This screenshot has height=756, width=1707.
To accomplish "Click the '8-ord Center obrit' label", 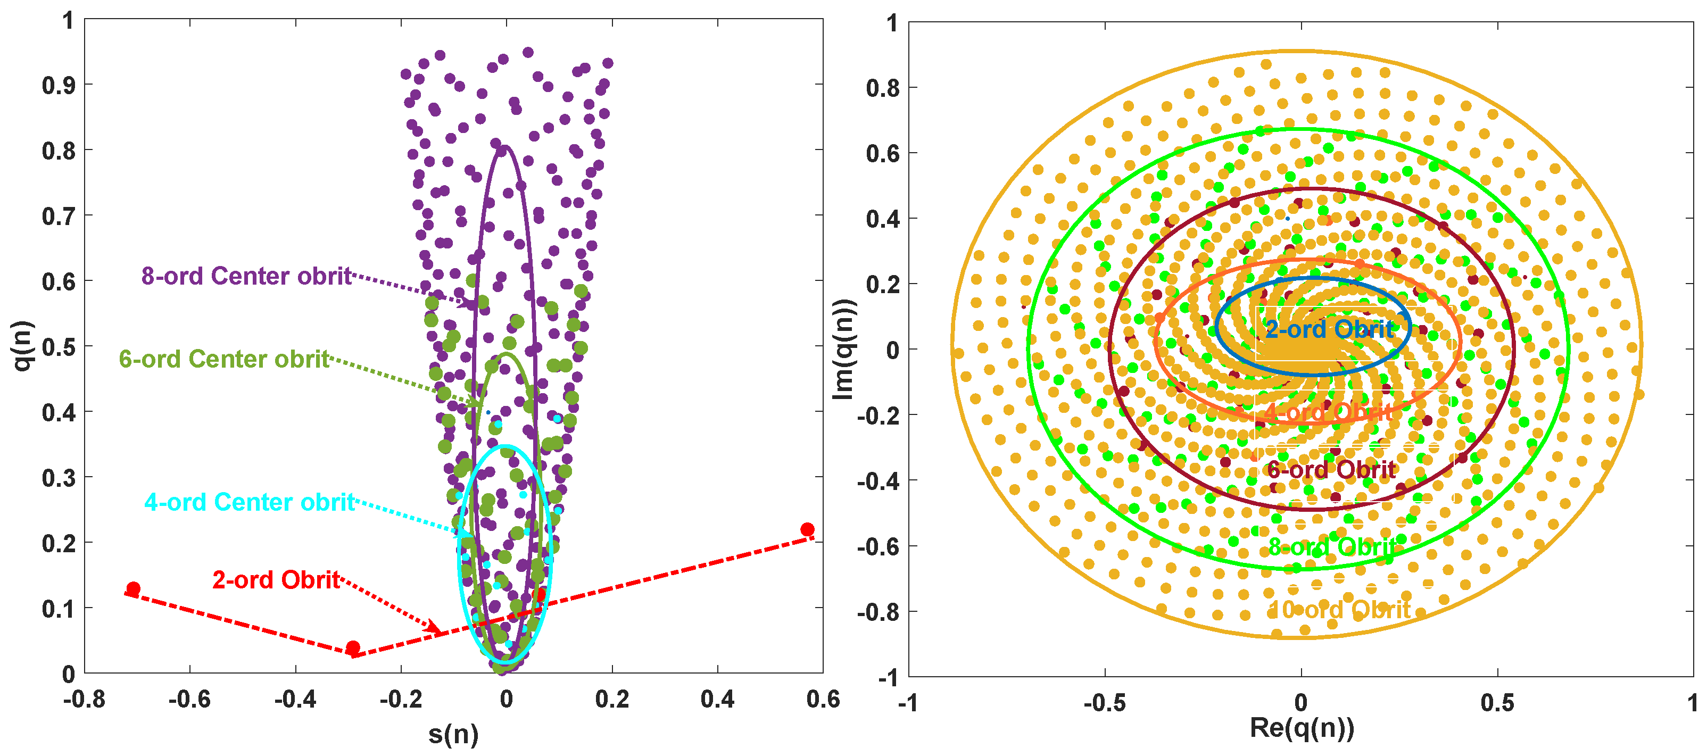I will [x=246, y=276].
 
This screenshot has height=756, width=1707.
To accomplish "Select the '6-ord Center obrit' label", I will [x=223, y=359].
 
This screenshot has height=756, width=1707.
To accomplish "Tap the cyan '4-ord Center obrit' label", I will [x=249, y=502].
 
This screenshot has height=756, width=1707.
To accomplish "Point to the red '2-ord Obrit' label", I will [x=276, y=580].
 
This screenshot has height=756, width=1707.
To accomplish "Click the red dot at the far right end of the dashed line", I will [x=807, y=529].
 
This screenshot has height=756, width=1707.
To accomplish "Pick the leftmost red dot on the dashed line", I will [x=133, y=588].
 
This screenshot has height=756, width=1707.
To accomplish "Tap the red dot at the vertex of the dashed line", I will [x=353, y=647].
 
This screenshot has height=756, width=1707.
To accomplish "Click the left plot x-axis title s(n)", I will [x=453, y=734].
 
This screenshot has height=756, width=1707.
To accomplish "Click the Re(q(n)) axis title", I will [x=1302, y=727].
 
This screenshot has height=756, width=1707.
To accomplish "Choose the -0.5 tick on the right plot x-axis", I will [x=1104, y=702].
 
